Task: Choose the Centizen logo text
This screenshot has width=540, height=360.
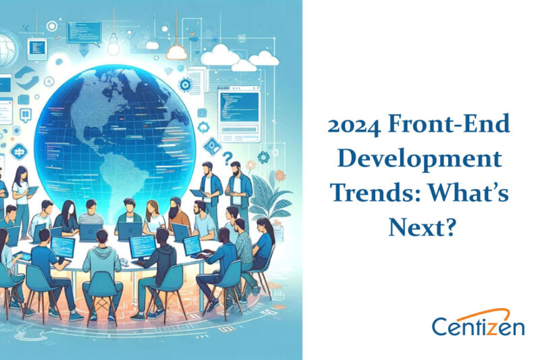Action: (x=479, y=327)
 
